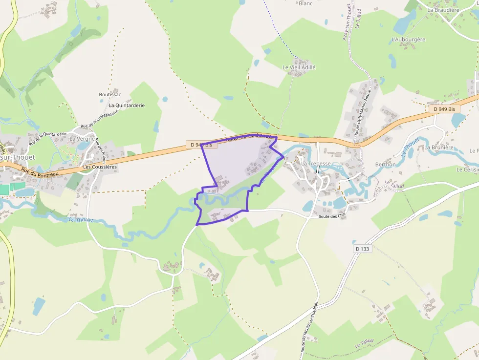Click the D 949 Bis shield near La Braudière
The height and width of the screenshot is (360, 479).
coord(444,109)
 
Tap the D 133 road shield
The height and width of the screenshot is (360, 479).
coord(362,249)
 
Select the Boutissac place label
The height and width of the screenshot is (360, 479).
coord(110,95)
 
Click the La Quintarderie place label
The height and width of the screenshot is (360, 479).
coord(127,105)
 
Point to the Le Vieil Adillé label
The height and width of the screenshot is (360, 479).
coord(299,67)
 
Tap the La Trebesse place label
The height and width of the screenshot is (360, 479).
coord(316,164)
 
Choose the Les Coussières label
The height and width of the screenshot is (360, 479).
coord(100,167)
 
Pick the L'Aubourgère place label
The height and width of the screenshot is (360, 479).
coord(409,40)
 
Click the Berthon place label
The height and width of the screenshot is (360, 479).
coord(386,165)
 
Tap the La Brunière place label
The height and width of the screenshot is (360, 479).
coord(439,148)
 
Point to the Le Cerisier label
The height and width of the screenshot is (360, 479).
coord(467,169)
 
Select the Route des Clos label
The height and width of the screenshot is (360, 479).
coord(332,216)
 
